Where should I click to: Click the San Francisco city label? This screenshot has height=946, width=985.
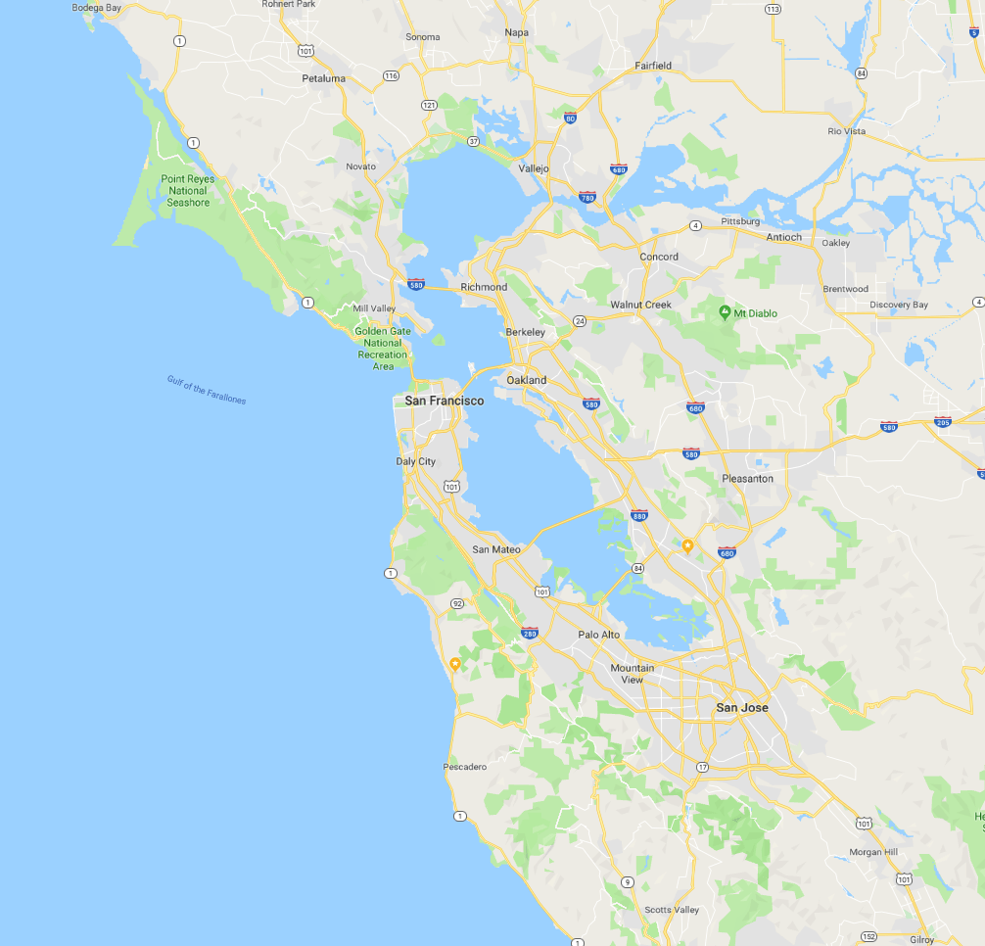tap(444, 401)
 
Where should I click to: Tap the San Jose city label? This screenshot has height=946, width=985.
tap(742, 707)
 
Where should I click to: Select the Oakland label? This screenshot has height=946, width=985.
tap(527, 380)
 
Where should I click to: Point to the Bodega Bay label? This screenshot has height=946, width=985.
tap(96, 8)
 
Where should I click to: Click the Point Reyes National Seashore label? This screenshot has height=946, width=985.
tap(188, 191)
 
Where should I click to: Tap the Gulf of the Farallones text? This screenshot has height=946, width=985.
tap(207, 391)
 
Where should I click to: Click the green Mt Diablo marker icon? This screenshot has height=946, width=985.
tap(725, 312)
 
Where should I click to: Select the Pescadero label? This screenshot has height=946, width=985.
tap(465, 767)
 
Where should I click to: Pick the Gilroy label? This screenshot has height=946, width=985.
tap(922, 939)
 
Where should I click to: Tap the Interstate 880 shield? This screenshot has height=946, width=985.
tap(639, 514)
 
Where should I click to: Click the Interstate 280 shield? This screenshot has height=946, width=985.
tap(530, 633)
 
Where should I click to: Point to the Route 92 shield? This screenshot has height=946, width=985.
tap(455, 603)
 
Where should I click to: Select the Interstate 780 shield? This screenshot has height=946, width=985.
tap(586, 197)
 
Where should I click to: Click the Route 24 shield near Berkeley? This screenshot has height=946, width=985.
tap(580, 320)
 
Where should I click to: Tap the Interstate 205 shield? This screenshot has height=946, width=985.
tap(942, 422)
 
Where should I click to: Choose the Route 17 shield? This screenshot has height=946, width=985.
tap(702, 767)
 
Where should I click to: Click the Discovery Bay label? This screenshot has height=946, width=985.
tap(899, 305)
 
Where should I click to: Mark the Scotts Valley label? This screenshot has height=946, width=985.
tap(672, 910)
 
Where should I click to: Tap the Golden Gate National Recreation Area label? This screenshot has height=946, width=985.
tap(383, 349)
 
